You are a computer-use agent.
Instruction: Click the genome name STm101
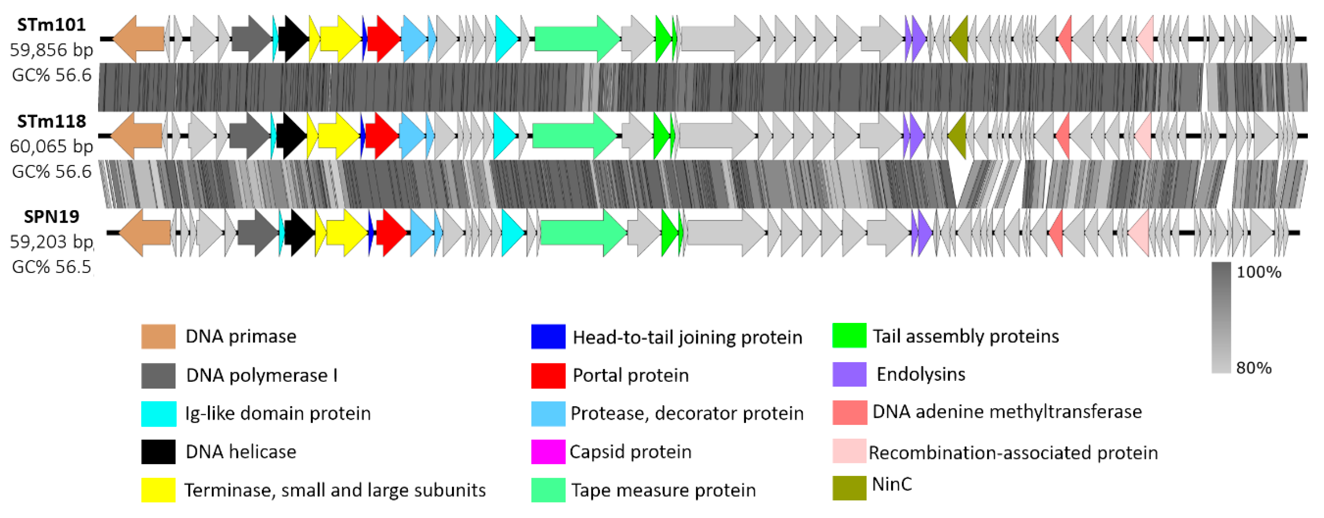[x=51, y=25]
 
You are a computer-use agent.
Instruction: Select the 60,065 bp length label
[x=51, y=147]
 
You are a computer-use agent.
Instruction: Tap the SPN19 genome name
[x=51, y=217]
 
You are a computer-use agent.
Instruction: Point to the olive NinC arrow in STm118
[x=957, y=136]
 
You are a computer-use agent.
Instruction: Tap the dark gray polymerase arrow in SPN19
[x=257, y=232]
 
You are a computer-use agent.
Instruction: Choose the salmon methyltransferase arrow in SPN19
[x=1056, y=232]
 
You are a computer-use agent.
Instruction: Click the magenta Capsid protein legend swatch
[x=548, y=452]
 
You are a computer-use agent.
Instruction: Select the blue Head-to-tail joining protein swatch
[x=548, y=337]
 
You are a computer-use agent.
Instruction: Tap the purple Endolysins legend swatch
[x=849, y=374]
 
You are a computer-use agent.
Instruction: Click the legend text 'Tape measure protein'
[x=663, y=490]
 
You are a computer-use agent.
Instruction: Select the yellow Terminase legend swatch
[x=158, y=490]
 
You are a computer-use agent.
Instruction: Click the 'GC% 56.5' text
[x=51, y=267]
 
